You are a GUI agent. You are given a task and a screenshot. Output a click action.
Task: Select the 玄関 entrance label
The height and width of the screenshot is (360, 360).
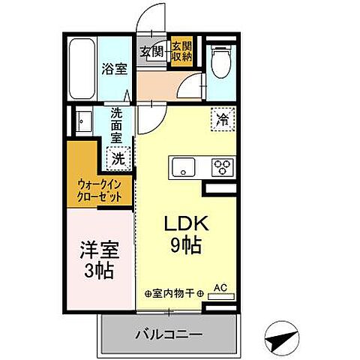point(151,51)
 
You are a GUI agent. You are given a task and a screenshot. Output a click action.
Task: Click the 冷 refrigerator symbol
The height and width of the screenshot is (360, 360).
point(222,118)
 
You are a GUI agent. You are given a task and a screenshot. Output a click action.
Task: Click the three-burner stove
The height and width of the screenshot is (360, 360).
point(221,166)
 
